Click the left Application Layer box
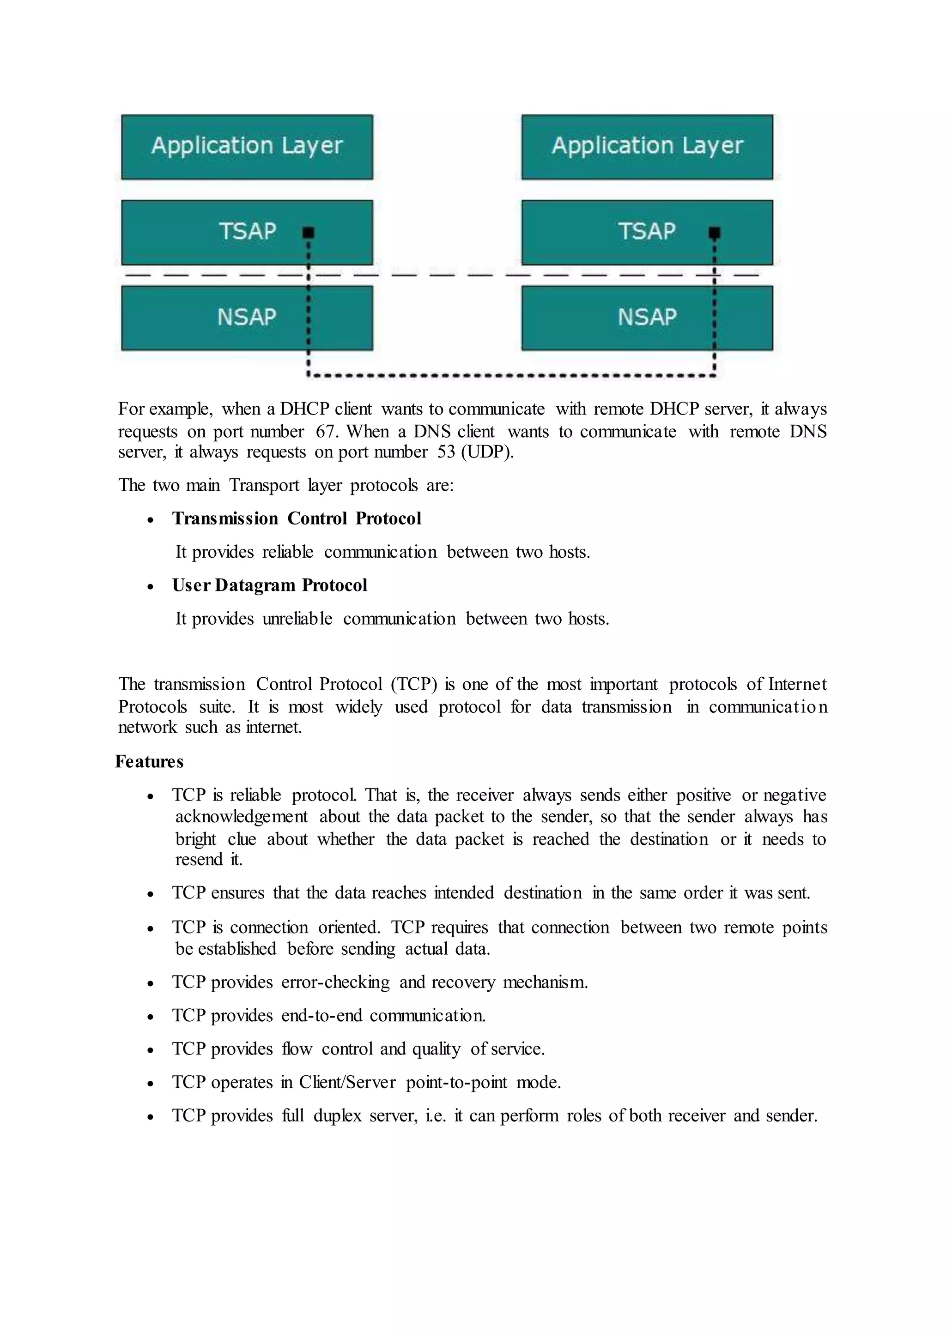(247, 147)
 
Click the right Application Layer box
(647, 147)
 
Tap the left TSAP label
(247, 231)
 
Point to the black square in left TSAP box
(309, 233)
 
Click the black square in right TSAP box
(715, 233)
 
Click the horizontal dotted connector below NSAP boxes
(511, 376)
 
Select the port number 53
(446, 452)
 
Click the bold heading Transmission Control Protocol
(297, 518)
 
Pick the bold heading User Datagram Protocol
(270, 585)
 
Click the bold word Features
(149, 762)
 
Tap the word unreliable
(297, 619)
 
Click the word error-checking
(335, 982)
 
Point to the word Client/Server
(347, 1083)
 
